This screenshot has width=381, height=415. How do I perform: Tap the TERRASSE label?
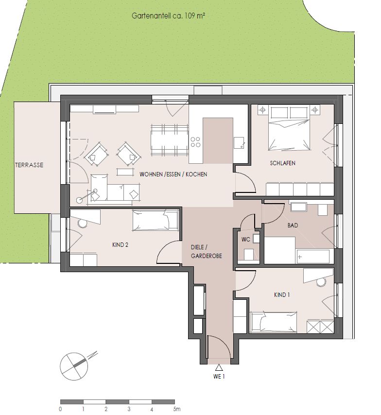[x=29, y=165]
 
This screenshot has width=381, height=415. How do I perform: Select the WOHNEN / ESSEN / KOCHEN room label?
[x=173, y=174]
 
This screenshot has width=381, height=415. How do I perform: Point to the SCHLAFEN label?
[x=283, y=163]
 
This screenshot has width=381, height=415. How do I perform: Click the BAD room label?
[x=293, y=225]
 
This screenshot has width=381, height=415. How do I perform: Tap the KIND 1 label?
[x=282, y=295]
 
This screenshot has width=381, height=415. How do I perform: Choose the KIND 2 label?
[x=120, y=245]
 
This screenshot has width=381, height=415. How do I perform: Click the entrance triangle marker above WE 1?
[x=219, y=367]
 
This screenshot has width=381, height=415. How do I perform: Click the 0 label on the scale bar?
[x=60, y=409]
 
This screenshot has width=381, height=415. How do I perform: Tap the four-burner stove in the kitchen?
[x=196, y=142]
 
